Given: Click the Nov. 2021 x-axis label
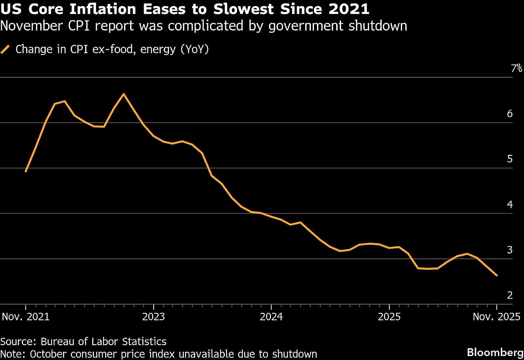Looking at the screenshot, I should [26, 316].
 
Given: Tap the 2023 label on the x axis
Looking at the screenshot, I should [154, 316].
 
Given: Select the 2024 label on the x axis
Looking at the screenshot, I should [272, 316].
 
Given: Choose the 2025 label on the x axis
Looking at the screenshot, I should [390, 316].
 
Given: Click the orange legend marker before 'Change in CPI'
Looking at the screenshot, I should [5, 49].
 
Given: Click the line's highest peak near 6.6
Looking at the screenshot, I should [124, 94].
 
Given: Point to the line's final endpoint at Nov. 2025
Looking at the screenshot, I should [496, 275].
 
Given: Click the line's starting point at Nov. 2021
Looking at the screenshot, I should [26, 171].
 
